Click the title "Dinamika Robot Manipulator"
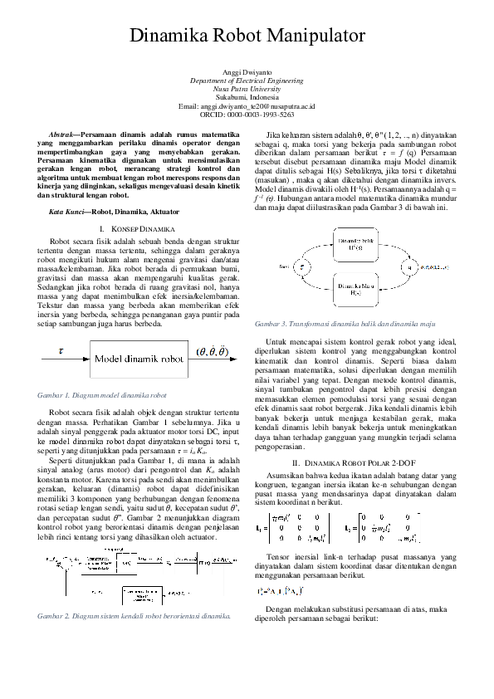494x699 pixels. [x=247, y=36]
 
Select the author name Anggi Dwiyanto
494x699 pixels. [x=247, y=74]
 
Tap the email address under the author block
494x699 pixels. [x=247, y=107]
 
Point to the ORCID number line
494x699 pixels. [x=247, y=115]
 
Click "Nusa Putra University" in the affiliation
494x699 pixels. [x=247, y=90]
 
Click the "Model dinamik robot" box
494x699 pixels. [x=138, y=359]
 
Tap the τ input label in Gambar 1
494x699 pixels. [x=60, y=351]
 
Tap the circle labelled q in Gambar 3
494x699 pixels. [x=408, y=266]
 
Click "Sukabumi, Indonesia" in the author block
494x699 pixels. [x=247, y=99]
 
